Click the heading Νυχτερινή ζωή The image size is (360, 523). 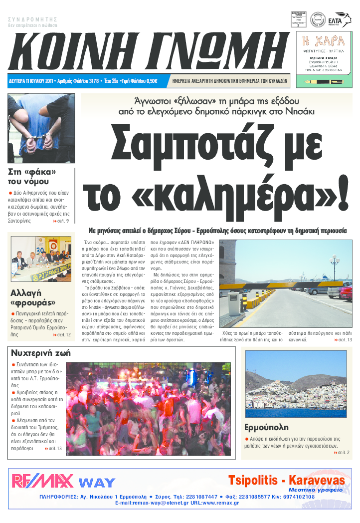coord(40,353)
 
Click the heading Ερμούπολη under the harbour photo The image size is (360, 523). coord(266,427)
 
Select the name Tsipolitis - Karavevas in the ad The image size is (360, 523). coord(286,480)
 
